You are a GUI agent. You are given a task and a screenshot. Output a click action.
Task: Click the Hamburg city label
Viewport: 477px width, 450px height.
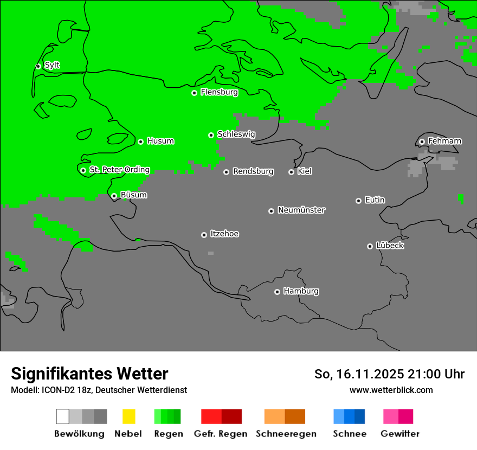(x=301, y=291)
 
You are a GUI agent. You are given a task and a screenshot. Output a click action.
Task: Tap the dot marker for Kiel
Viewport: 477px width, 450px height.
(x=291, y=172)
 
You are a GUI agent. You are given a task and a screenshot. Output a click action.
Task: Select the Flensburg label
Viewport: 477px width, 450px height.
(x=219, y=92)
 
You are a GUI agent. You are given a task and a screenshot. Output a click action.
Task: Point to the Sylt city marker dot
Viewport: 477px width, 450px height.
(x=38, y=66)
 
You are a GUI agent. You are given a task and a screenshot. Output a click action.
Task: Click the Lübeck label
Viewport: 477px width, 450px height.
(x=390, y=246)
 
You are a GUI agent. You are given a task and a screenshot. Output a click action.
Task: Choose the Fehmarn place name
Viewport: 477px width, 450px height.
(x=444, y=141)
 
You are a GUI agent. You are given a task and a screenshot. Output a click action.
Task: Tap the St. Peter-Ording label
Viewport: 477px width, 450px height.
(x=119, y=170)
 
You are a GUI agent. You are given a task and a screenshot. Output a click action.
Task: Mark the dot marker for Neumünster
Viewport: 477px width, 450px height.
(x=271, y=211)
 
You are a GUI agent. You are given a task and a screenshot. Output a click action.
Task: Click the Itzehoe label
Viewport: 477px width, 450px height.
(x=224, y=234)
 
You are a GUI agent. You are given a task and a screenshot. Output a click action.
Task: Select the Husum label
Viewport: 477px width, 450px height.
(x=160, y=141)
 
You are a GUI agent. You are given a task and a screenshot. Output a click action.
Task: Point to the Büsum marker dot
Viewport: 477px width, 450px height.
(x=114, y=196)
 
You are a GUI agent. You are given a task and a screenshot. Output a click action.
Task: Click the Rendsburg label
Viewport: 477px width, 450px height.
(x=253, y=171)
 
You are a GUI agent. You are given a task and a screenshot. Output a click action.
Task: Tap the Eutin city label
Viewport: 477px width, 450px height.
(x=375, y=200)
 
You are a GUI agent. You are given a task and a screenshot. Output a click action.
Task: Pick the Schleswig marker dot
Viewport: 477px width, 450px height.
(x=211, y=135)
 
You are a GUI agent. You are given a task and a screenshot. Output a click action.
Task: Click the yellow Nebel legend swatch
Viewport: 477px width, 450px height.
(x=128, y=416)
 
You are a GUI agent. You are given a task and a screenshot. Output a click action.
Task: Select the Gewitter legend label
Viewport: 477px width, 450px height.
(x=400, y=434)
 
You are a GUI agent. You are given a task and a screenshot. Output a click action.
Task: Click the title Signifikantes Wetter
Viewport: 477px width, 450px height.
(x=89, y=374)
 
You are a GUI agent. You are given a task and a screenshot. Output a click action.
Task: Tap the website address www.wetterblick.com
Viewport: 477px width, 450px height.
(x=391, y=390)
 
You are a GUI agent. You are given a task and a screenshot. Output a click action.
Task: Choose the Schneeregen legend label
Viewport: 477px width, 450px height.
(x=286, y=434)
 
